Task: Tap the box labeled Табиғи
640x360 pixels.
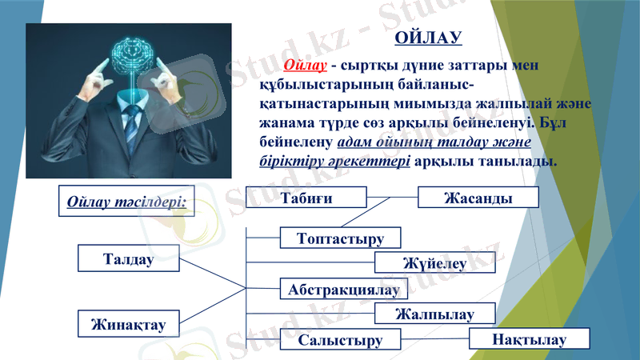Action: coord(306,198)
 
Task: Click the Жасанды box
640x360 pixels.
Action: coord(478,198)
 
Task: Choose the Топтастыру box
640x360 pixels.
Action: coord(340,238)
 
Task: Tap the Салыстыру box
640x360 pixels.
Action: coord(340,340)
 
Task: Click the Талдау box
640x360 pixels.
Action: coord(128,258)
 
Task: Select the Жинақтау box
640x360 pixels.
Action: coord(128,323)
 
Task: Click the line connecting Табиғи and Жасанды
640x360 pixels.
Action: coord(392,197)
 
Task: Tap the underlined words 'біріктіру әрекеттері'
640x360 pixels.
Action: coord(335,160)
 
